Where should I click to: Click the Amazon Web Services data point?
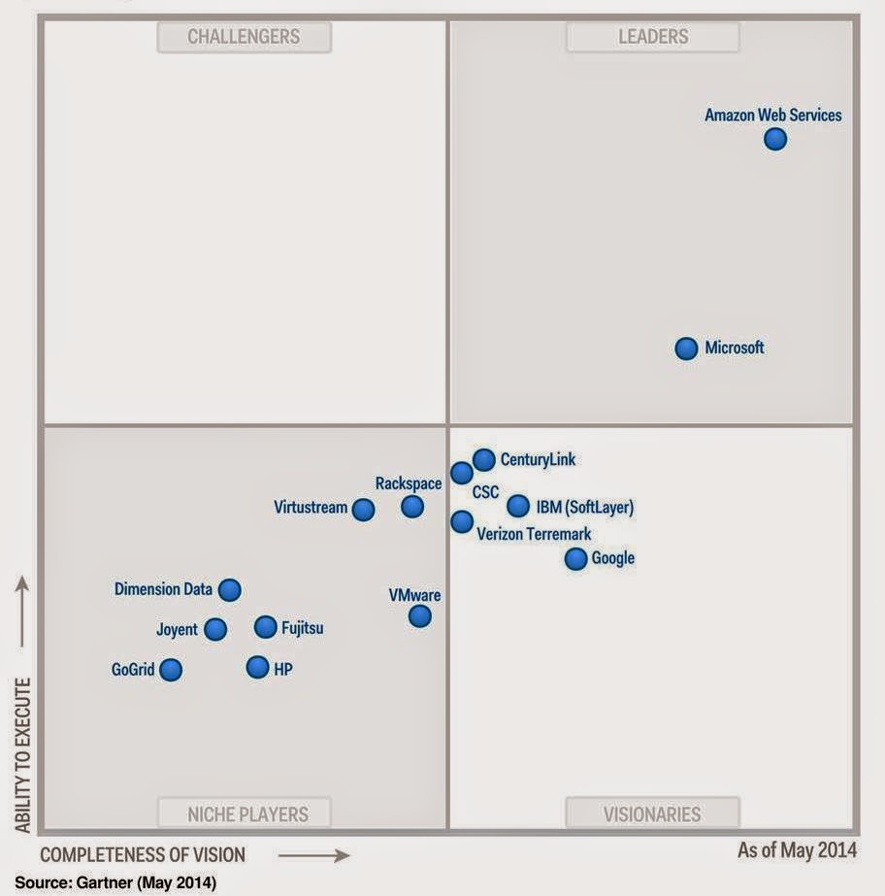point(774,139)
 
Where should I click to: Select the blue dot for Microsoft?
point(686,348)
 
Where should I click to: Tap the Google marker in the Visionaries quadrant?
point(575,559)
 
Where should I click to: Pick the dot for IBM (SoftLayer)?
point(518,506)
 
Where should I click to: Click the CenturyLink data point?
point(483,460)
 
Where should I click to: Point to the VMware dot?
point(419,615)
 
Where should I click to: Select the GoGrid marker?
point(171,669)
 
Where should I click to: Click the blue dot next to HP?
point(257,667)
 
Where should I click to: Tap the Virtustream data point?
point(363,509)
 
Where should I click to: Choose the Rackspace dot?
point(412,506)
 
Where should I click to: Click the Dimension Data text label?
point(163,589)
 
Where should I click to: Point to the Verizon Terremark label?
point(534,534)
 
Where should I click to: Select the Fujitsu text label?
point(302,628)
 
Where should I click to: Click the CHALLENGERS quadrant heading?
point(244,37)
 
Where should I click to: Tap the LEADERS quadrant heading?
point(653,37)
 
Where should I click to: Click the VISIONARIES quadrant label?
point(653,813)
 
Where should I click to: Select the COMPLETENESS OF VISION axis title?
point(143,855)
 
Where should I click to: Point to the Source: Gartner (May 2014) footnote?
point(115,882)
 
